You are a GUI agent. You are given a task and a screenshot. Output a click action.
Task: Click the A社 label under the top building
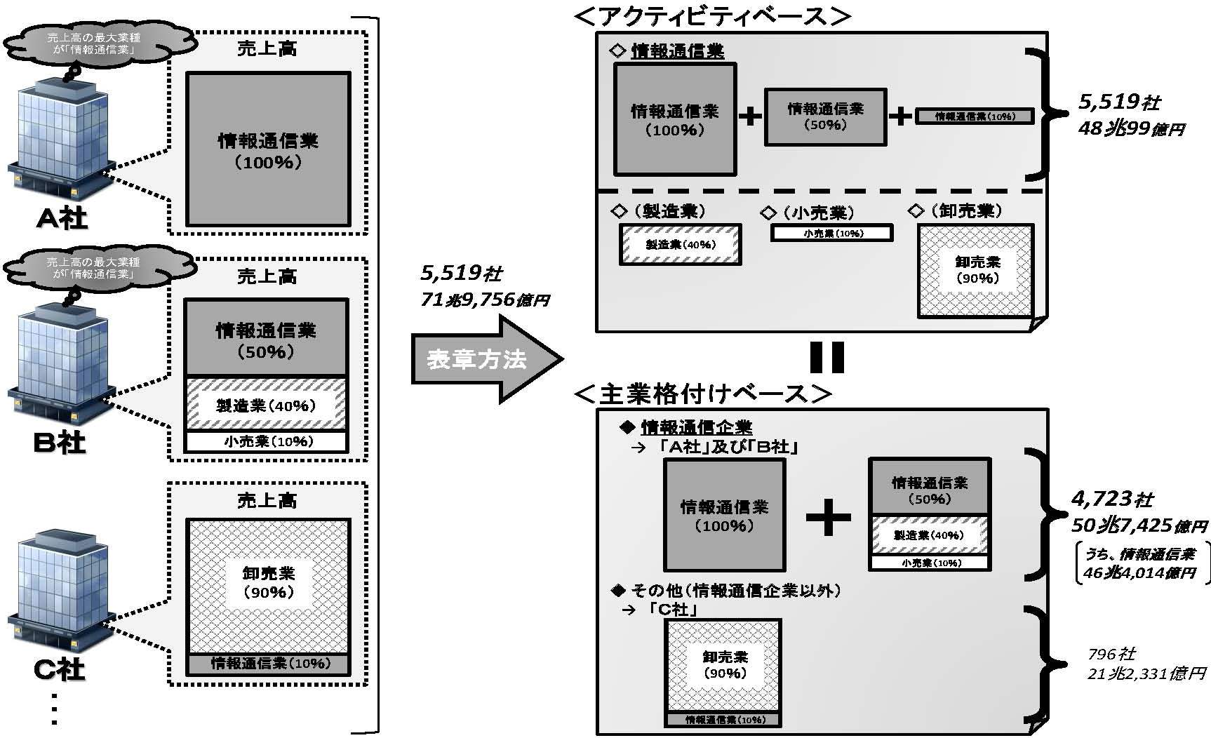62,218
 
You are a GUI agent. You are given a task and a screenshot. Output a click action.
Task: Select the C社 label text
60,670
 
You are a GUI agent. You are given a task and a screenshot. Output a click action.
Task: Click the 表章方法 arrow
484,359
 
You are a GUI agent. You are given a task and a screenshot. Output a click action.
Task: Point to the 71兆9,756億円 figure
484,300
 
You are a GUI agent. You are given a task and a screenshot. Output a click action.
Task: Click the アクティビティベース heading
712,16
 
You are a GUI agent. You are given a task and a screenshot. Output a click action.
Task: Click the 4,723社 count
1112,499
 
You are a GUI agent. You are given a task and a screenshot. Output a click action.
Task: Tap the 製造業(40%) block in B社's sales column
266,405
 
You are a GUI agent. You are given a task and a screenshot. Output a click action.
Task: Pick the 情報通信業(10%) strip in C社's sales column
268,664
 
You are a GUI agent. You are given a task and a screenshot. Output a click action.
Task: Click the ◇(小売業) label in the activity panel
808,213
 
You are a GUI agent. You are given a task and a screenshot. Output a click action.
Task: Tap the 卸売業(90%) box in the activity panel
976,270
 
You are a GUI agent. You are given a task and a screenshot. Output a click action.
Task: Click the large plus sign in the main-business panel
828,518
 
